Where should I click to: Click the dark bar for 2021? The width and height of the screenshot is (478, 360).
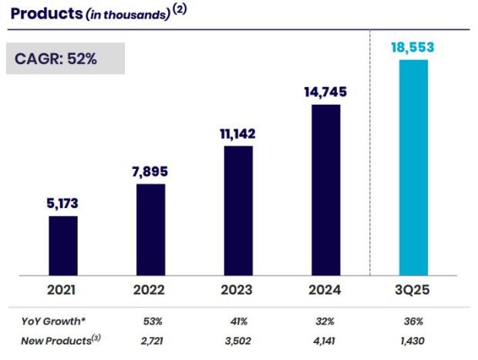click(x=62, y=245)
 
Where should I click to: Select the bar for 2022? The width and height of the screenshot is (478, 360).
click(x=150, y=229)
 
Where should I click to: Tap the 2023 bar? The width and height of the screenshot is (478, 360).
click(x=238, y=210)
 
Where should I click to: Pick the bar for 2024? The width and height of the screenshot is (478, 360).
click(x=325, y=190)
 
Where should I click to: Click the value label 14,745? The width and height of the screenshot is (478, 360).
click(x=325, y=92)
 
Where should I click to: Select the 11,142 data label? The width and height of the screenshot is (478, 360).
click(x=238, y=133)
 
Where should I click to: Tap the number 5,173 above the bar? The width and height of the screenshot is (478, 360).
click(x=62, y=204)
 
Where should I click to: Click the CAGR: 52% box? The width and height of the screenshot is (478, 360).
click(x=66, y=58)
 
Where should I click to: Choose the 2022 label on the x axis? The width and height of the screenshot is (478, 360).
click(x=150, y=291)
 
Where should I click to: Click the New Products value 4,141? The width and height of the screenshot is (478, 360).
click(x=325, y=340)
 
